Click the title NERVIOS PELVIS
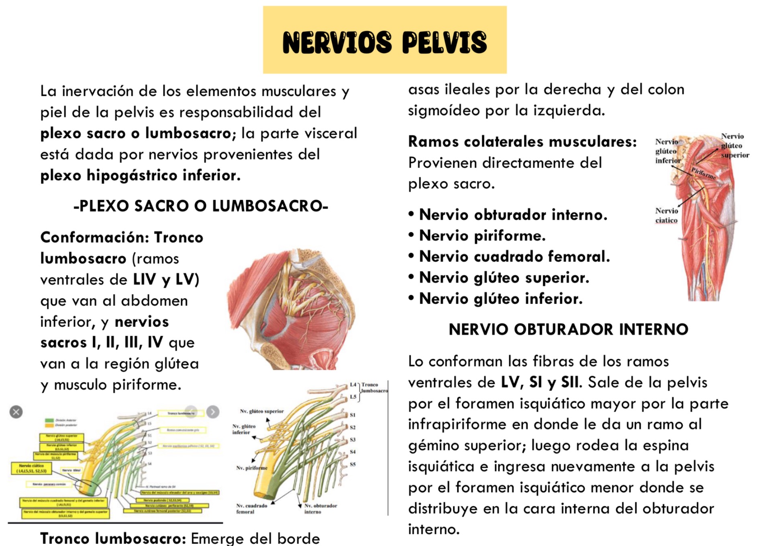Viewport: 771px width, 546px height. pyautogui.click(x=384, y=42)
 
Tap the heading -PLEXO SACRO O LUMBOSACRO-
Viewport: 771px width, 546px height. pyautogui.click(x=201, y=206)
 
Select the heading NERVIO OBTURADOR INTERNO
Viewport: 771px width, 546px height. pyautogui.click(x=568, y=329)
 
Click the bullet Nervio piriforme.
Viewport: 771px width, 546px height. pyautogui.click(x=482, y=236)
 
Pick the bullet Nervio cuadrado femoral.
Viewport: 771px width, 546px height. pyautogui.click(x=514, y=257)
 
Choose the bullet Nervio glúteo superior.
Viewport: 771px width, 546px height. pyautogui.click(x=504, y=278)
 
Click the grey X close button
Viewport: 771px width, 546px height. pyautogui.click(x=16, y=412)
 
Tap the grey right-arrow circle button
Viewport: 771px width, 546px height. pyautogui.click(x=213, y=412)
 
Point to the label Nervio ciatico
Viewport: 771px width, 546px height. pyautogui.click(x=667, y=215)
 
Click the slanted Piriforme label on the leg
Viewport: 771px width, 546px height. pyautogui.click(x=704, y=173)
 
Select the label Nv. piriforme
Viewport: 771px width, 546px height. pyautogui.click(x=252, y=468)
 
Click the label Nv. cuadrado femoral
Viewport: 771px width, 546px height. pyautogui.click(x=251, y=509)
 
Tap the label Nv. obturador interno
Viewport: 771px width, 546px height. pyautogui.click(x=320, y=509)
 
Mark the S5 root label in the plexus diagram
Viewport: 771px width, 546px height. pyautogui.click(x=353, y=465)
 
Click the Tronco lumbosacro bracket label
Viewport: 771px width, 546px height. pyautogui.click(x=374, y=388)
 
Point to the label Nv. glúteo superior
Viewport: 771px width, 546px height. pyautogui.click(x=262, y=411)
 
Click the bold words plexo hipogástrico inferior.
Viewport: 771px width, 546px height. pyautogui.click(x=140, y=175)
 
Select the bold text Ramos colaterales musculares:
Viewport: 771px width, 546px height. pyautogui.click(x=522, y=142)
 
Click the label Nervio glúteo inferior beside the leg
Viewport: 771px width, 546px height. pyautogui.click(x=668, y=151)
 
